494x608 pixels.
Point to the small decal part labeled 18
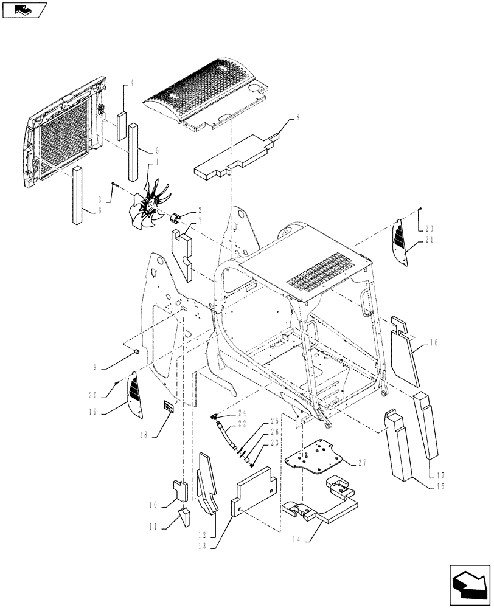(x=168, y=407)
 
